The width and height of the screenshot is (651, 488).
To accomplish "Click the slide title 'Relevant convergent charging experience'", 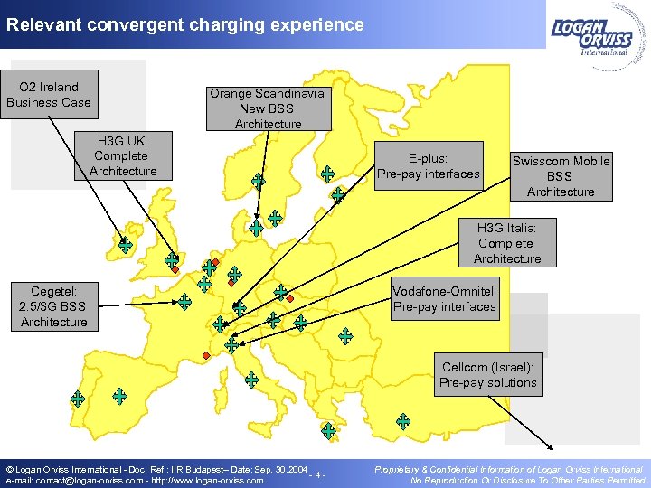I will coord(184,24).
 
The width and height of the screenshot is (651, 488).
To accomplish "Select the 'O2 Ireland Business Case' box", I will coord(49,95).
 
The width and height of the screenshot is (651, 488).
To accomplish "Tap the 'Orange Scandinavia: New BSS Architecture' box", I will coord(268,108).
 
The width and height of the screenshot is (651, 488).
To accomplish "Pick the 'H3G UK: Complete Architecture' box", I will coord(123,155).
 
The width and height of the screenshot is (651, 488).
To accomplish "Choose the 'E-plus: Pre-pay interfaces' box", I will coord(429,166).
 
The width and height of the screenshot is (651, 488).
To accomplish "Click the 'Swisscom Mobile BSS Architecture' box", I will coord(561,176).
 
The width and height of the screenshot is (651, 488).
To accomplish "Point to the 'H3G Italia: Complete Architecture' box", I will coord(506,243).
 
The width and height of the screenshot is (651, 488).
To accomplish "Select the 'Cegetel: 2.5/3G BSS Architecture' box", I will coord(53,306).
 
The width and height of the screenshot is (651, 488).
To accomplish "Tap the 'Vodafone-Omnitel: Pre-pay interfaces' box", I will coord(444,299).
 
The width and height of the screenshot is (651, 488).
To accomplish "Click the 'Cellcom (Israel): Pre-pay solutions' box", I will coord(487,375).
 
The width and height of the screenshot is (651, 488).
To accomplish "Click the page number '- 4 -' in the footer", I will coord(316,475).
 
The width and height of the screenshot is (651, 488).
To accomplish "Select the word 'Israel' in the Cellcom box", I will coord(514,368).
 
